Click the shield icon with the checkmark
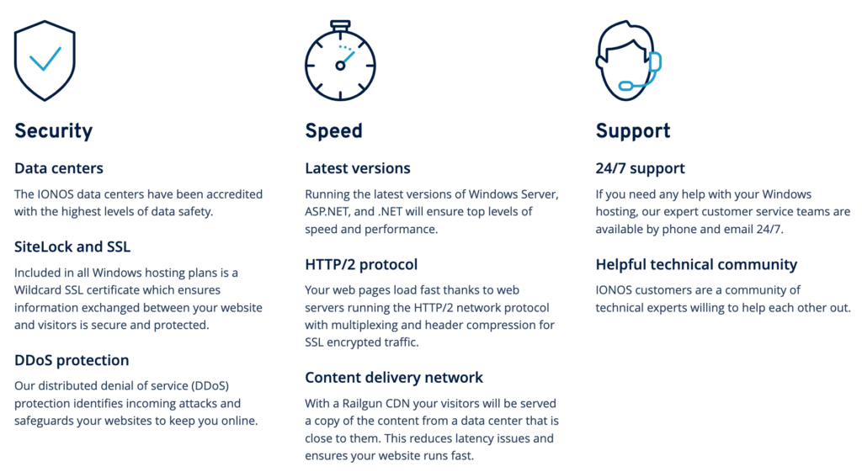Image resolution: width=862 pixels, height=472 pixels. pos(45,61)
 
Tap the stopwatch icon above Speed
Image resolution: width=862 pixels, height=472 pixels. pos(340,61)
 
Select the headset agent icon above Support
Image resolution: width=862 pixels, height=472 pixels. pos(629,61)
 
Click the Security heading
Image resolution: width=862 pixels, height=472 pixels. pos(53,131)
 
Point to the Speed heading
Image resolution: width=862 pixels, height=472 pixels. pos(333,131)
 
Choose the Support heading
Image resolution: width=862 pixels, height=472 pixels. pos(633,131)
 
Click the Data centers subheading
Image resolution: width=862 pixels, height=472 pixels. pos(59,168)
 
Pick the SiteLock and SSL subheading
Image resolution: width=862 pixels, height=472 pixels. pos(72,247)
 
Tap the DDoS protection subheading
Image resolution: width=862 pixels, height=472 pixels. pos(72,360)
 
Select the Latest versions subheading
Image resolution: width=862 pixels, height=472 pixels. pos(358,168)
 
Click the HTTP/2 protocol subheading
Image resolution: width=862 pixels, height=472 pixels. pos(361,265)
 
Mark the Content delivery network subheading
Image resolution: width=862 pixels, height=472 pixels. pos(394,378)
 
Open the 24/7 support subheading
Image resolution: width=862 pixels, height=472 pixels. pos(641,168)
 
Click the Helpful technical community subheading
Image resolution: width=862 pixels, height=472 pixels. pos(696,265)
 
